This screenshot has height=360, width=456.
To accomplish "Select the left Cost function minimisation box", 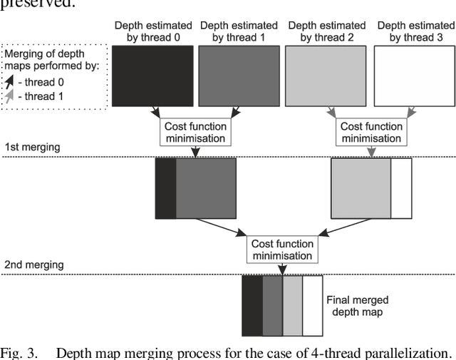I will point(195,131).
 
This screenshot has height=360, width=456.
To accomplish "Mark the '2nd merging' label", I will point(33,264).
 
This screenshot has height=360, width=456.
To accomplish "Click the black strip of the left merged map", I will point(165,188).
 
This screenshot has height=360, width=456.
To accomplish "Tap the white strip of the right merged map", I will point(401,188).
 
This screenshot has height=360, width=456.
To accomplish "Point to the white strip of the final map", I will point(313,306).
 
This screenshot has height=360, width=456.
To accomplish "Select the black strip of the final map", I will point(252,306).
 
